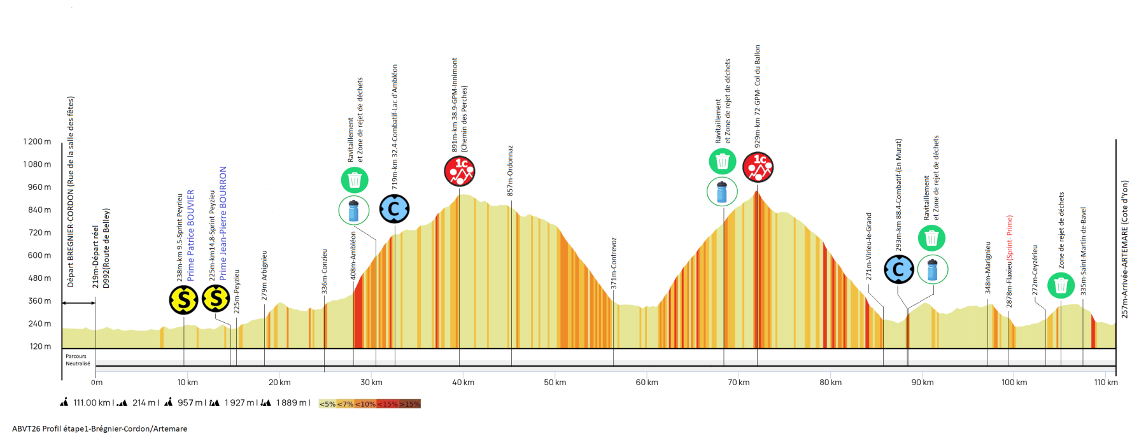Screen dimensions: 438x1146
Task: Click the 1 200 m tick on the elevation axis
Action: click(38, 141)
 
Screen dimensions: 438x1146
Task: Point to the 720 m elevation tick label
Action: click(39, 232)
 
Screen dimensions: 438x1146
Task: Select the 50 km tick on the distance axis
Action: click(555, 383)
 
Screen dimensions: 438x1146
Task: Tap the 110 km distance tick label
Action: click(1106, 383)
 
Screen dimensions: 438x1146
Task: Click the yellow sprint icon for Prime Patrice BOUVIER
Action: click(183, 299)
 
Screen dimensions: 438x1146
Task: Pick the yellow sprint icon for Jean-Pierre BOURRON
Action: click(216, 298)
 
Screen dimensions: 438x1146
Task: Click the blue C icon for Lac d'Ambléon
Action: click(394, 209)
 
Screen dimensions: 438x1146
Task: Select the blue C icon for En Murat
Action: click(898, 269)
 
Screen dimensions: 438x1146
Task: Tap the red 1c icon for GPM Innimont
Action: click(459, 171)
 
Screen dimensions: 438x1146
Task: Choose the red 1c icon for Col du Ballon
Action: click(758, 167)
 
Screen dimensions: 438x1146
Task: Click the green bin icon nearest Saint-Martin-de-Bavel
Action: click(1061, 285)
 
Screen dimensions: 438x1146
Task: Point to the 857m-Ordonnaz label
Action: click(510, 171)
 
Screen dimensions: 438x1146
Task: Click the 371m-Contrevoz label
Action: click(614, 263)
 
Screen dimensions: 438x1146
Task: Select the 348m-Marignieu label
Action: click(988, 267)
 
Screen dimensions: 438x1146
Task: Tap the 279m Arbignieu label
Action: click(264, 275)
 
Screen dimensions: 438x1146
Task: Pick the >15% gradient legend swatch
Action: click(410, 404)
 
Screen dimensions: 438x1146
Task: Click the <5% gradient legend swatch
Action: click(327, 404)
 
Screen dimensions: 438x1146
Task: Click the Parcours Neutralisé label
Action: click(78, 360)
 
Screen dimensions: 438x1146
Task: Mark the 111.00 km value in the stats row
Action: click(93, 402)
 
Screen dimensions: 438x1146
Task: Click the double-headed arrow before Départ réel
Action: click(78, 302)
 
